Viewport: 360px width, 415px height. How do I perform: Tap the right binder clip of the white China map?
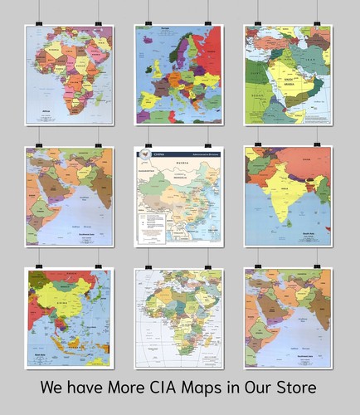point(208,143)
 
